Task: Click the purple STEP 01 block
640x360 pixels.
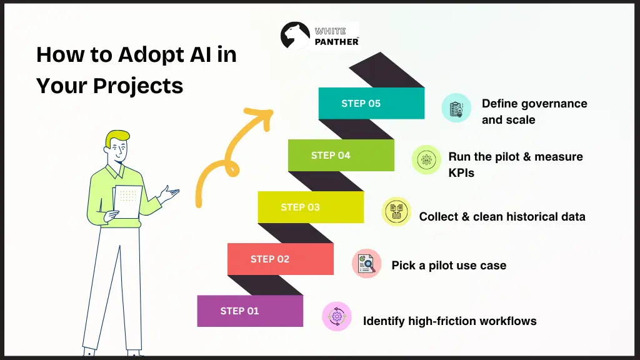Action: point(250,311)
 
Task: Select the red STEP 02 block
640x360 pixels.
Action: point(281,259)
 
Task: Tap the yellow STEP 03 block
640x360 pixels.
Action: point(311,207)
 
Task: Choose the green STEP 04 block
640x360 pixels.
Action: point(341,155)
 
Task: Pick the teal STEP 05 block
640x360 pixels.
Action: point(371,103)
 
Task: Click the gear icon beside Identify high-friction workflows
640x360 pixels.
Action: point(337,316)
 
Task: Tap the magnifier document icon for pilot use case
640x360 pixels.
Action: point(366,264)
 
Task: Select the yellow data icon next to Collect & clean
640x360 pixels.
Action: point(396,211)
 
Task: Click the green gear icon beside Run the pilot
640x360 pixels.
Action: point(426,159)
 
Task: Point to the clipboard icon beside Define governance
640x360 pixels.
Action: point(456,107)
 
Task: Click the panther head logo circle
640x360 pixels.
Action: point(295,36)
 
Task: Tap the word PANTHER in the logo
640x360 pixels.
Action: point(336,42)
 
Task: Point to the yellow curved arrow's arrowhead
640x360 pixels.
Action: point(262,117)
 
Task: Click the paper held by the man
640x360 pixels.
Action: point(127,202)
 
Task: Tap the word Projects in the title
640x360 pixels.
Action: point(138,86)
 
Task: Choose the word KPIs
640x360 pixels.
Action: point(461,173)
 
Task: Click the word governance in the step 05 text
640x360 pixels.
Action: point(552,104)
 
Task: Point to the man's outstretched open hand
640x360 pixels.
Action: point(169,194)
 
